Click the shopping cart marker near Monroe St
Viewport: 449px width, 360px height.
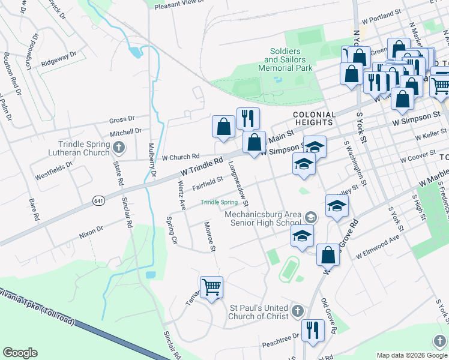pos(211,287)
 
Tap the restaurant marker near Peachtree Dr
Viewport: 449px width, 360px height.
pos(313,331)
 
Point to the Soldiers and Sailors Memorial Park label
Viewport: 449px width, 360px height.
pos(286,60)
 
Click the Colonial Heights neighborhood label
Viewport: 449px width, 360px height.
pos(314,118)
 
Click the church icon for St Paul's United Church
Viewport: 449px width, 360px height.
pos(298,311)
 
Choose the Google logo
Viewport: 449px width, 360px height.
pos(20,353)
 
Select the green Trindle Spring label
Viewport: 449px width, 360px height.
pos(218,202)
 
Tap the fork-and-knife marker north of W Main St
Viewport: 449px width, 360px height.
pos(247,118)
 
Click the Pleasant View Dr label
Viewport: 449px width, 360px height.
pos(179,4)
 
